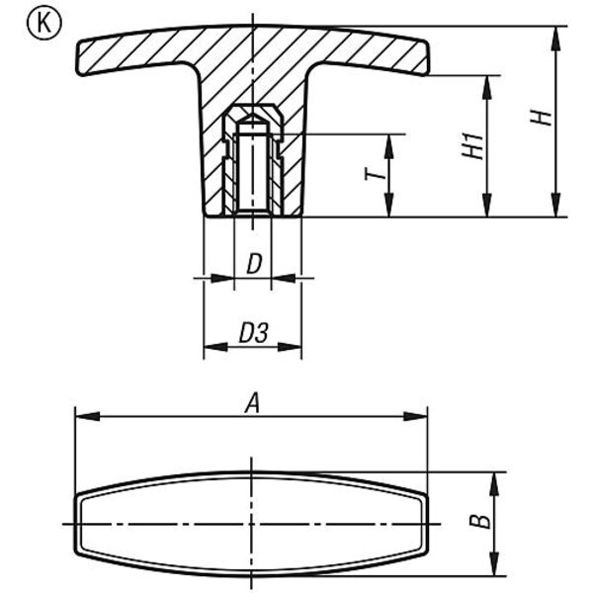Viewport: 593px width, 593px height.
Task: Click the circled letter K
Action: [43, 24]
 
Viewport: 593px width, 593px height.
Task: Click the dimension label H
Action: [541, 118]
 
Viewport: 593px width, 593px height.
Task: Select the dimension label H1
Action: [472, 145]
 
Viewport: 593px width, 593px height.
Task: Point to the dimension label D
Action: [254, 264]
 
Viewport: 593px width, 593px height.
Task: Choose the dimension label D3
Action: [254, 333]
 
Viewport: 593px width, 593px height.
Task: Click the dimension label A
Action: [253, 403]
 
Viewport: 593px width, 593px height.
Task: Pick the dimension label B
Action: [480, 521]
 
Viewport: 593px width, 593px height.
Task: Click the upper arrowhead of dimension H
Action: [555, 39]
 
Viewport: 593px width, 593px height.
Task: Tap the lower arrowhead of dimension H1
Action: [487, 206]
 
